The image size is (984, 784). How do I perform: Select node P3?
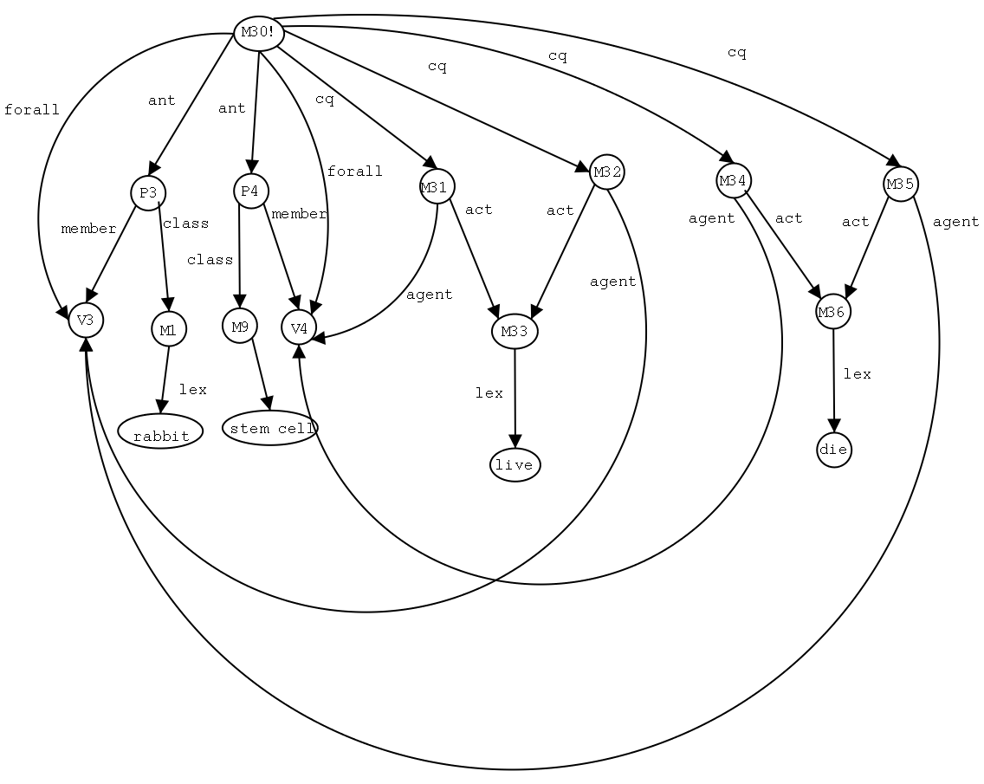[147, 192]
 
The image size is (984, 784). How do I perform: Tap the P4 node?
[250, 191]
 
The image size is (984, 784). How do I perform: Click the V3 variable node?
[86, 320]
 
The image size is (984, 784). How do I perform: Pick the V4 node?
[299, 327]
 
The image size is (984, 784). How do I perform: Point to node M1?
[168, 329]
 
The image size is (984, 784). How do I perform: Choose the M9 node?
[240, 327]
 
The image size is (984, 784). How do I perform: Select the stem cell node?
[270, 429]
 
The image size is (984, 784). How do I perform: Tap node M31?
[436, 186]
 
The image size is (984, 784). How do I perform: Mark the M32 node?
[606, 172]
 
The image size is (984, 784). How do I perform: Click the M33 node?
[515, 331]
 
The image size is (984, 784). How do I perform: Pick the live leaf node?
[515, 465]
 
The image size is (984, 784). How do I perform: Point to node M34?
[733, 180]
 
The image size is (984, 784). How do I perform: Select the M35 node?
[901, 184]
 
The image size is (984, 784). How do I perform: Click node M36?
[833, 312]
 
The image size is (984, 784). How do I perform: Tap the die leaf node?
[834, 450]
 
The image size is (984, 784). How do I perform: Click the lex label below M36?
[857, 374]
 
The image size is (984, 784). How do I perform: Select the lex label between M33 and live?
[489, 393]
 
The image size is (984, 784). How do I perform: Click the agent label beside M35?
[955, 222]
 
